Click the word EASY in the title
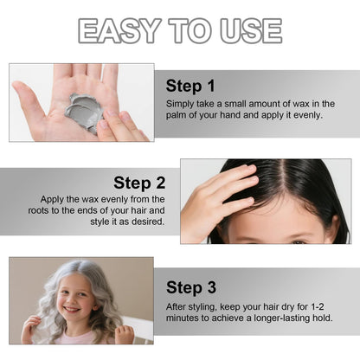(119, 30)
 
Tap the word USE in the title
(251, 30)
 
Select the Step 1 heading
(190, 87)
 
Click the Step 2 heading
(139, 183)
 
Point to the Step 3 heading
(191, 287)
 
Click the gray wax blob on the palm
(84, 112)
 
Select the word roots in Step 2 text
(38, 210)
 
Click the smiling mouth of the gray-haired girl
(72, 309)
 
